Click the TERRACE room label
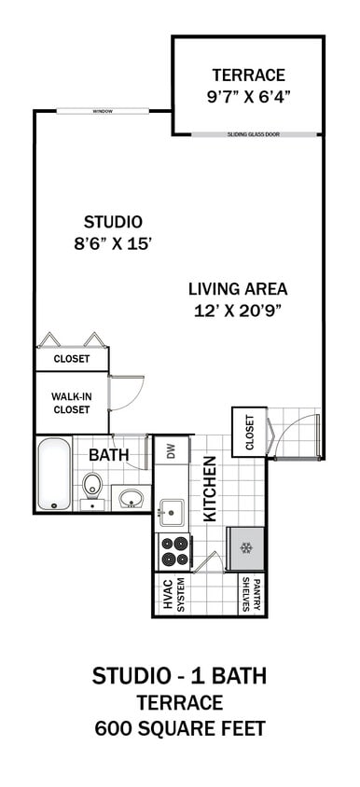click(248, 75)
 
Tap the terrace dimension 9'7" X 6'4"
click(248, 95)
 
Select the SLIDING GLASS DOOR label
click(253, 135)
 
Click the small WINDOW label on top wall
click(103, 112)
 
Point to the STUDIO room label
click(113, 222)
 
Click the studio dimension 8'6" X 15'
click(113, 243)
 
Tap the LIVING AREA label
click(238, 289)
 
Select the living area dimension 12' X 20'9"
click(238, 311)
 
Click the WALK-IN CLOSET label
click(72, 402)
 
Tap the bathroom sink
click(132, 499)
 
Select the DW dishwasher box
click(171, 452)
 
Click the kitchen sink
click(171, 512)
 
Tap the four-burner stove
click(173, 552)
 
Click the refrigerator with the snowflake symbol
click(246, 548)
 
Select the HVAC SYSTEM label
click(174, 594)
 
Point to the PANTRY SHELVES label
click(246, 594)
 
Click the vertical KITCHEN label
click(211, 489)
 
